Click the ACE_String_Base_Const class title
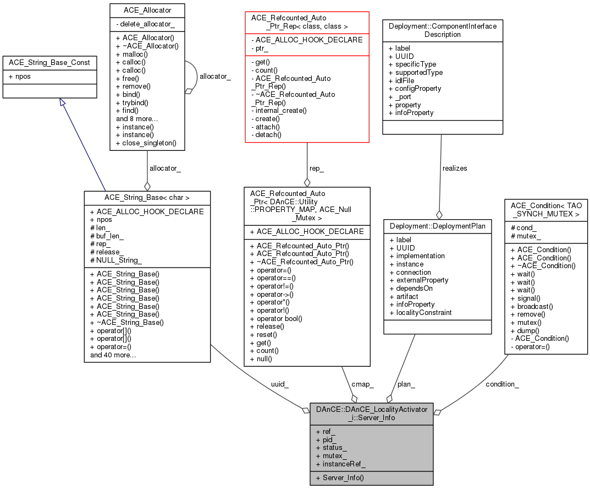tap(49, 63)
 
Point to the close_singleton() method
tap(146, 143)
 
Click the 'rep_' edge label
tap(316, 169)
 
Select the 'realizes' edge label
tap(454, 168)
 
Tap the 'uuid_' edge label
tap(279, 384)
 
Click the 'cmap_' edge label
tap(363, 384)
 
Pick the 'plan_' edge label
tap(406, 384)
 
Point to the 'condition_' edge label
tap(502, 384)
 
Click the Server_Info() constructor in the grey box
tap(343, 478)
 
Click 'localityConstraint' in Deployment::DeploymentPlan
tap(421, 312)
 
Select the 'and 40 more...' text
tap(113, 355)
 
